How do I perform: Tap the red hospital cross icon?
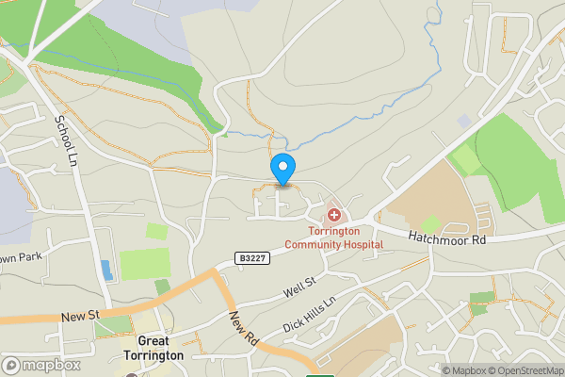334,216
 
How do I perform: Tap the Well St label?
299,288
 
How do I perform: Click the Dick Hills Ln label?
309,315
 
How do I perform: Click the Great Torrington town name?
160,349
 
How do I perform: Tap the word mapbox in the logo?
50,365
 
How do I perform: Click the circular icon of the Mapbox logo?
11,365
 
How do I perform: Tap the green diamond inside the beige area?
430,224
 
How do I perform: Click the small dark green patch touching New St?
163,287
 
